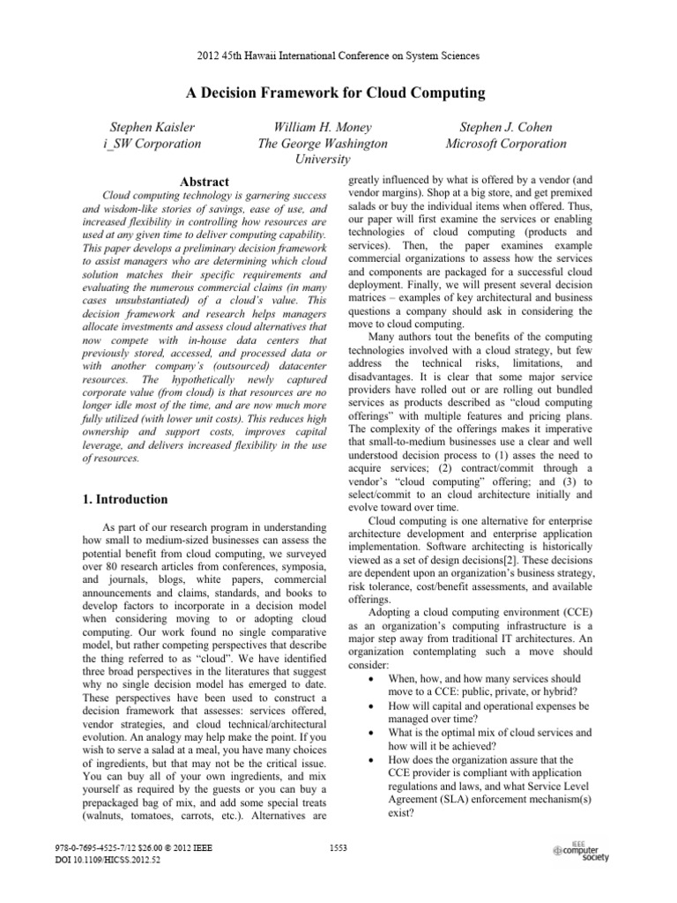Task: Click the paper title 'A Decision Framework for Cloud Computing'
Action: [x=338, y=93]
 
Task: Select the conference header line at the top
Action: [x=338, y=56]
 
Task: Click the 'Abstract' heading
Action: [x=204, y=182]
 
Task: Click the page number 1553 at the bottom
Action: [x=338, y=847]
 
